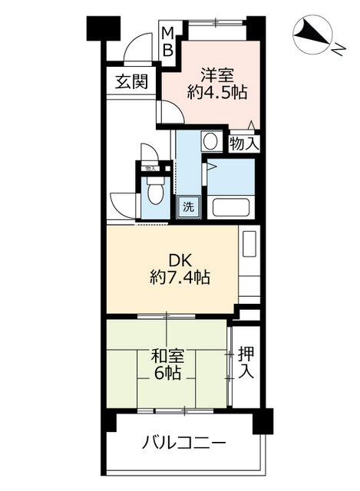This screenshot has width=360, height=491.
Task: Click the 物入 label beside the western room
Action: (244, 143)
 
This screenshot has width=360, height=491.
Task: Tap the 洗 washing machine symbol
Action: (188, 206)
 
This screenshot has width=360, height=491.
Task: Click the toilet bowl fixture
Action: (156, 193)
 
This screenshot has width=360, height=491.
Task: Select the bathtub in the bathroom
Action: (232, 208)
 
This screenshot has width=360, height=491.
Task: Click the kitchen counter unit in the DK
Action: (249, 265)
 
